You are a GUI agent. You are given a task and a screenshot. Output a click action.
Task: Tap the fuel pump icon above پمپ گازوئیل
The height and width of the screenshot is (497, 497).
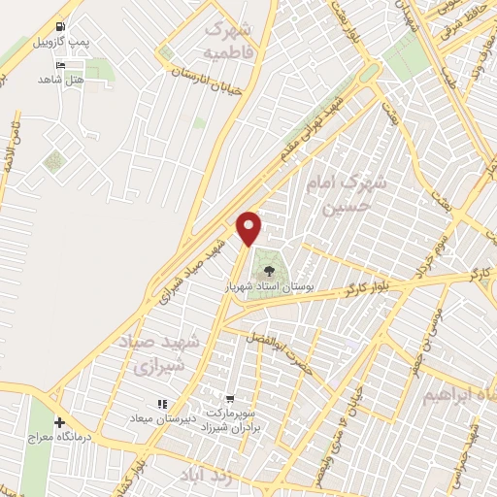coord(62,26)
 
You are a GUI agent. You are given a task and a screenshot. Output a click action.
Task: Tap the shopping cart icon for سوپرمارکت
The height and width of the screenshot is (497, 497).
coord(230,397)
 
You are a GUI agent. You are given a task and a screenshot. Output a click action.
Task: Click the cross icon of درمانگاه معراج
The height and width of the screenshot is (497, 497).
coord(60,423)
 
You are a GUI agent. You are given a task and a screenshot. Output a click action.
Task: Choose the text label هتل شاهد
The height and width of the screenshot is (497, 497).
coord(64,79)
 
